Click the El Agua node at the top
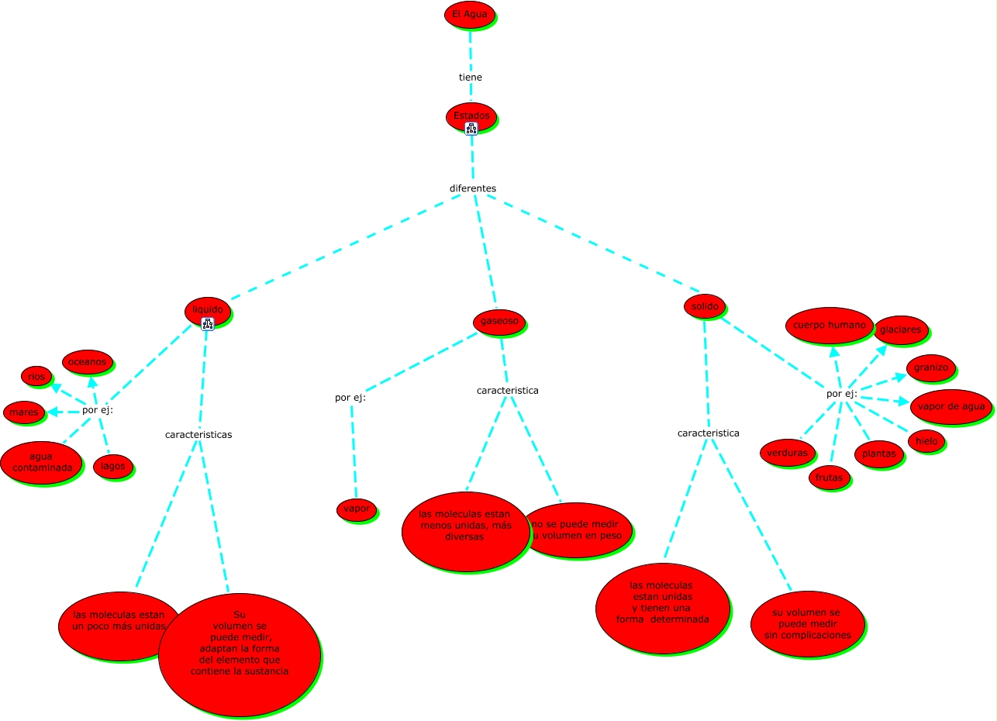point(470,15)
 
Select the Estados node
point(471,116)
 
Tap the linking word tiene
point(471,78)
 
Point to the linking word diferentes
point(473,188)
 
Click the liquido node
point(208,310)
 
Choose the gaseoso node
point(499,321)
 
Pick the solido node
point(705,306)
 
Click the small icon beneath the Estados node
point(471,129)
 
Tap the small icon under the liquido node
point(208,324)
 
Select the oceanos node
point(88,362)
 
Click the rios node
point(36,377)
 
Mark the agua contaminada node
point(42,462)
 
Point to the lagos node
point(113,466)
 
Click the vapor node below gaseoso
point(357,509)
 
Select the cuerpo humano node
point(830,326)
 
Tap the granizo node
point(931,368)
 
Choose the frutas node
point(829,478)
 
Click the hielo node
point(926,441)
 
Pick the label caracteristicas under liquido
point(198,435)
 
